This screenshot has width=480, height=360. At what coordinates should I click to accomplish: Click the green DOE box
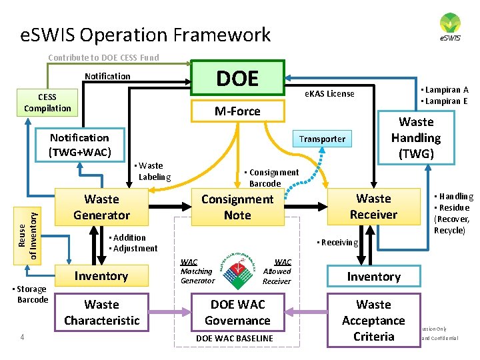[x=237, y=78]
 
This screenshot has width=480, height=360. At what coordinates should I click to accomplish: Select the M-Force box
[x=237, y=111]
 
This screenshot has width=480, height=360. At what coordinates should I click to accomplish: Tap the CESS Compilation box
[x=47, y=103]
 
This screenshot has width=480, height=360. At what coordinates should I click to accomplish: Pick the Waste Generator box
[x=101, y=207]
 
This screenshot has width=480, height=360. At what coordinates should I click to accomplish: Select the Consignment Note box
[x=237, y=207]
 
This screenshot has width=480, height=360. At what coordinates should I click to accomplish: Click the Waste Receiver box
[x=373, y=206]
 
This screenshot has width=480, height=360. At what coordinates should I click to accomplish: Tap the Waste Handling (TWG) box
[x=416, y=137]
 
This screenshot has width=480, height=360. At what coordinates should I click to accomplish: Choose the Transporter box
[x=322, y=139]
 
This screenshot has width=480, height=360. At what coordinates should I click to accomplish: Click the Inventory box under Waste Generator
[x=101, y=276]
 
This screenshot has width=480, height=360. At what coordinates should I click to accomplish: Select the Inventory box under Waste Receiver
[x=373, y=277]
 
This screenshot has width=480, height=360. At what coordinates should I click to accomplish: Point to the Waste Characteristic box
[x=101, y=312]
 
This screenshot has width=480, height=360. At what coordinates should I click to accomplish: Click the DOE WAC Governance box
[x=237, y=312]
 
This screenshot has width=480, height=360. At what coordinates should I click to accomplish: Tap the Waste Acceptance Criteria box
[x=373, y=320]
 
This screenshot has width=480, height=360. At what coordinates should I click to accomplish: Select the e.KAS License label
[x=329, y=93]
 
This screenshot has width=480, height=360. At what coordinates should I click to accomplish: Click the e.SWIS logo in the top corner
[x=449, y=27]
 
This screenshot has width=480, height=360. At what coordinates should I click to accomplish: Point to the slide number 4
[x=22, y=337]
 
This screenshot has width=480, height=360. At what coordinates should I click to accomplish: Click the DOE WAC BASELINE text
[x=234, y=339]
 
